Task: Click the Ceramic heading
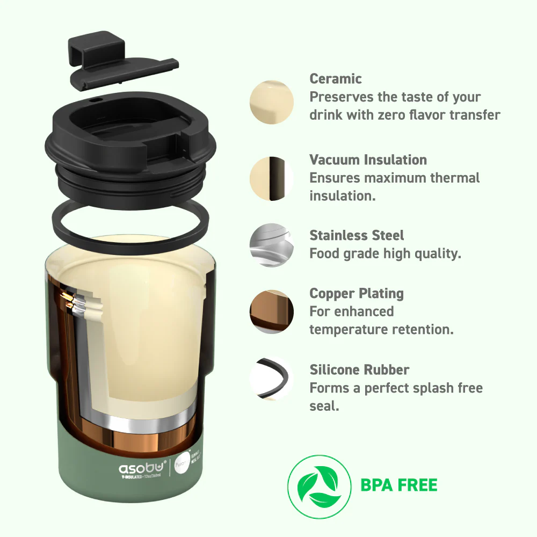click(x=336, y=79)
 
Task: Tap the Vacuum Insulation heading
click(x=368, y=159)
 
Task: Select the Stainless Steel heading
click(x=357, y=235)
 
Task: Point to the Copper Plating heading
click(x=357, y=293)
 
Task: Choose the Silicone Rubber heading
click(x=359, y=369)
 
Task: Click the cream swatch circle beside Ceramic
click(x=272, y=101)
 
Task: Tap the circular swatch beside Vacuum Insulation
click(x=272, y=179)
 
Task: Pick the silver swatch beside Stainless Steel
click(x=272, y=245)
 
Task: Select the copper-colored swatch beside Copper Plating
click(x=272, y=312)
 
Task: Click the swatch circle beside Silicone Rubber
click(x=272, y=379)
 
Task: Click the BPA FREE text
click(x=399, y=485)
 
